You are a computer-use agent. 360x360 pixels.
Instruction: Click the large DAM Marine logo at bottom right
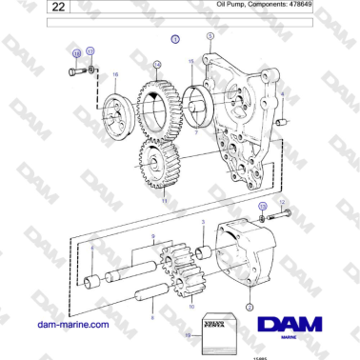[302, 324]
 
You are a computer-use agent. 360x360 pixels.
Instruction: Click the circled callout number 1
[174, 40]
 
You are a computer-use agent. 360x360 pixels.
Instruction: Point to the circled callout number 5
[209, 35]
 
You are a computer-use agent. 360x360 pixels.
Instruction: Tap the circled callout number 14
[157, 64]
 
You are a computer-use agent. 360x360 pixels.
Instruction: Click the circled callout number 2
[249, 308]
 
